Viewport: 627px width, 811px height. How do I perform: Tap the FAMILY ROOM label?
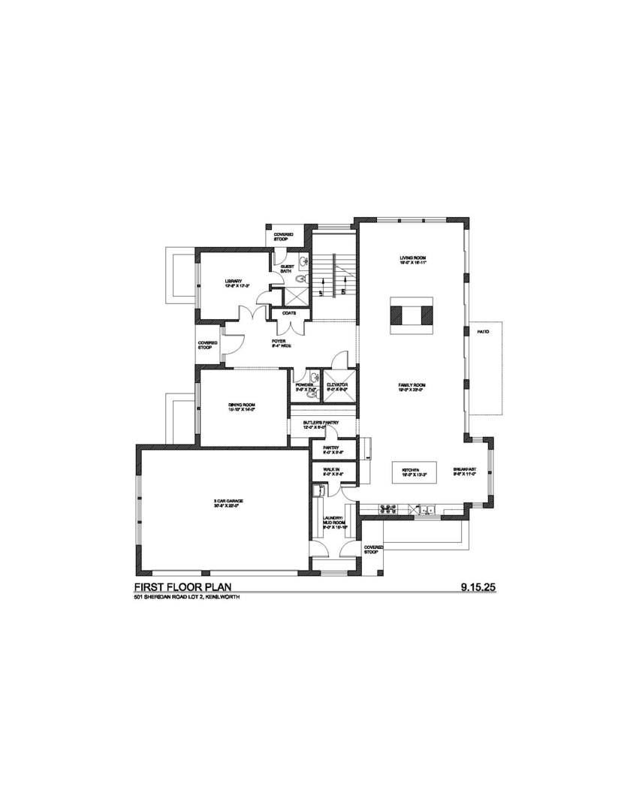(411, 387)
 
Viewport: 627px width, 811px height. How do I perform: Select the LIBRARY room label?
(233, 283)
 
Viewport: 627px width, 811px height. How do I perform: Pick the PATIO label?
(483, 331)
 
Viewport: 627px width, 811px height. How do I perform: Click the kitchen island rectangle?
(411, 473)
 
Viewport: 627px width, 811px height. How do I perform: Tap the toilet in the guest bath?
(301, 279)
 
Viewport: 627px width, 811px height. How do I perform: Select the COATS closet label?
(289, 313)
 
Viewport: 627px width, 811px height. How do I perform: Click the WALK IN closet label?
(322, 469)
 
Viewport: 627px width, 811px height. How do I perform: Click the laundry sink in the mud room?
(318, 491)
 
